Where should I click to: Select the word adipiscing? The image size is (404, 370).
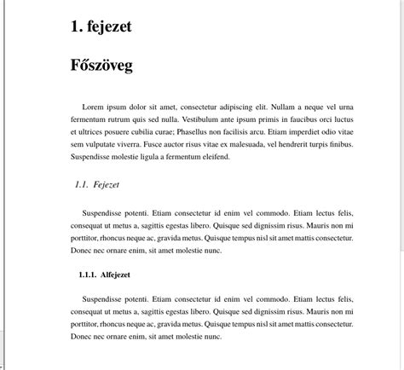(x=243, y=107)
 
